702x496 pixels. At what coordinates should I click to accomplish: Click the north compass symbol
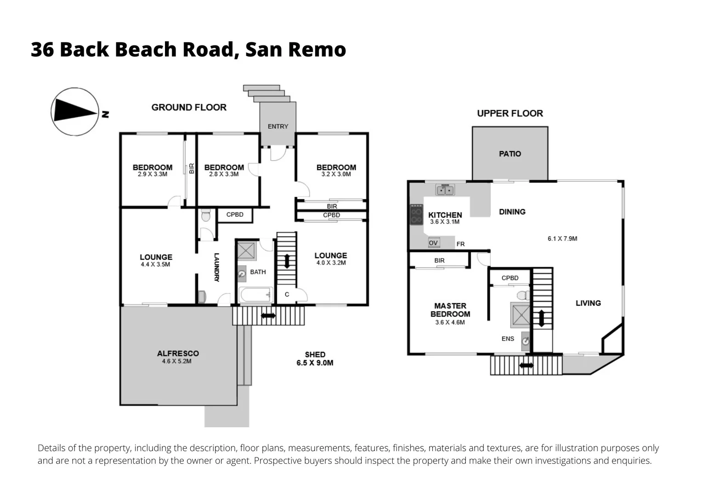pos(74,112)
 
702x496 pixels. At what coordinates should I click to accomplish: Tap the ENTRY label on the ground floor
pos(278,126)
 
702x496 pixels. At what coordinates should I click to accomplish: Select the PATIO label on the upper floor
pos(510,154)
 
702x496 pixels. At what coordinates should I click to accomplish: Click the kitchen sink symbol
pos(445,190)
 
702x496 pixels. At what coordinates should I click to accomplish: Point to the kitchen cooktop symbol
pos(416,214)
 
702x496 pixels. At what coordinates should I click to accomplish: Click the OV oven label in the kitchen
pos(433,242)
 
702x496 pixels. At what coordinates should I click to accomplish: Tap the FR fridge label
pos(460,244)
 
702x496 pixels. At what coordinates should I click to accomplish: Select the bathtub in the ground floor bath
pos(256,295)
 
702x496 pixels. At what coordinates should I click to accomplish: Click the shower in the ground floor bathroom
pos(246,251)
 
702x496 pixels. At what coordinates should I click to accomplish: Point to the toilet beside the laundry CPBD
pos(206,215)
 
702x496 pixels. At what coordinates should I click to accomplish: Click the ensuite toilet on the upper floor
pos(523,294)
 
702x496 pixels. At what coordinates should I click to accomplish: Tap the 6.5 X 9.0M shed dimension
pos(315,363)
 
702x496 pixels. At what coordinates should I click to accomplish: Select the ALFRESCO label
pos(178,353)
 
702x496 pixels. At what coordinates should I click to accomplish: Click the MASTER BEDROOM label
pos(450,310)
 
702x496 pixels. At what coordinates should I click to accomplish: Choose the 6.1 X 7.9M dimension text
pos(562,238)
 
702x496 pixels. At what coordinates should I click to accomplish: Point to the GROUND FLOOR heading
pos(189,107)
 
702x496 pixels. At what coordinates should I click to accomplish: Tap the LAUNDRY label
pos(216,267)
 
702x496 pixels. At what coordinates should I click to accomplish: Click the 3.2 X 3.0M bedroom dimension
pos(336,175)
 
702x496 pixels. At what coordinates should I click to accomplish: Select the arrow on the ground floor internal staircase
pos(287,261)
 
